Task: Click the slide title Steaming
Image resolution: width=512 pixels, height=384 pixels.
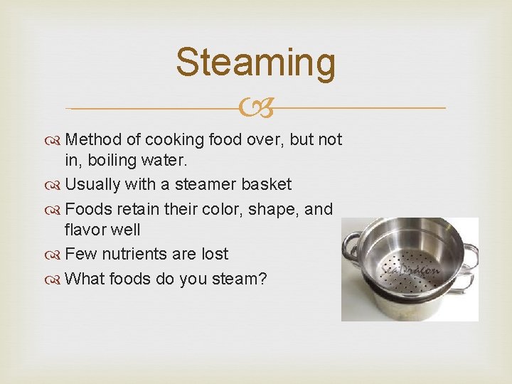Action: pos(255,62)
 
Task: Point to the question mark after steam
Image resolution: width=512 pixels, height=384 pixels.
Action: pos(263,278)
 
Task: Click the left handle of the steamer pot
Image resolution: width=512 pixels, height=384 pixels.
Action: pos(351,246)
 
